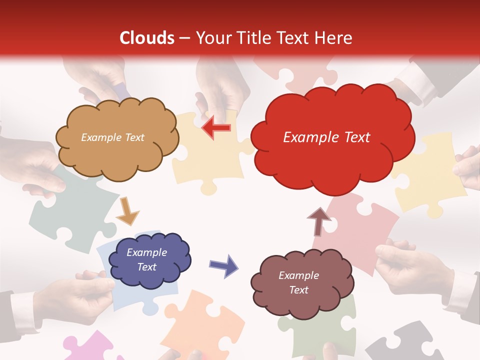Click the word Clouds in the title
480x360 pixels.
point(147,38)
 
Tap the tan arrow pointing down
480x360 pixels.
point(127,211)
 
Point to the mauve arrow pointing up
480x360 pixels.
point(318,221)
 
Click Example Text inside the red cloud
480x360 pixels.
point(326,137)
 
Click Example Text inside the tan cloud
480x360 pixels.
point(112,137)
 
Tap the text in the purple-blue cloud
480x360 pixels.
point(146,260)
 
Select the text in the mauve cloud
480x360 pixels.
point(298,282)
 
